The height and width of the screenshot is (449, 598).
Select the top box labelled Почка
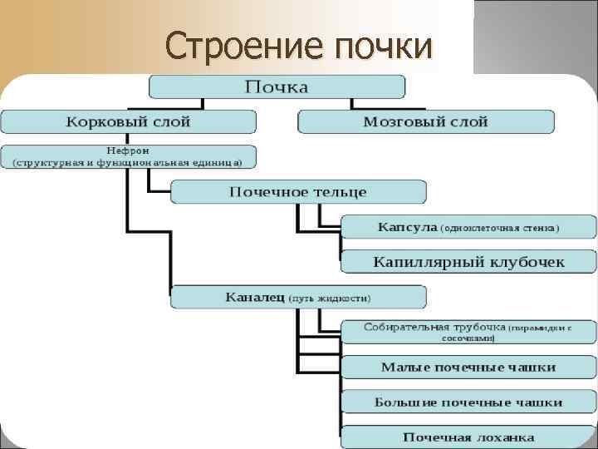click(277, 86)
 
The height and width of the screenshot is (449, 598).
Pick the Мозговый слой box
click(425, 121)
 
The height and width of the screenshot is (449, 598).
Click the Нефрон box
click(128, 156)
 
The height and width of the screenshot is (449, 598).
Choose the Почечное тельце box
click(298, 192)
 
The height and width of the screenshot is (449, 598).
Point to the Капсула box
click(468, 226)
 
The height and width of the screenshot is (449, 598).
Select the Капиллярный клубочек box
click(468, 261)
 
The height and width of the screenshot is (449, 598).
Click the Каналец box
click(298, 297)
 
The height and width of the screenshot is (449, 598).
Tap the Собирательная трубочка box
click(468, 331)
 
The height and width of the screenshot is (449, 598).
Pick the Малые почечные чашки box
click(468, 367)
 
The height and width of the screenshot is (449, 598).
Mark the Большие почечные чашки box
click(468, 402)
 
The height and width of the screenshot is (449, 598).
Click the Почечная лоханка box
click(468, 437)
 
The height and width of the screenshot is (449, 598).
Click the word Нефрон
click(128, 150)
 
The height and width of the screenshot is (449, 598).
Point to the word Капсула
click(407, 226)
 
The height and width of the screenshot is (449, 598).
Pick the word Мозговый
click(395, 122)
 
